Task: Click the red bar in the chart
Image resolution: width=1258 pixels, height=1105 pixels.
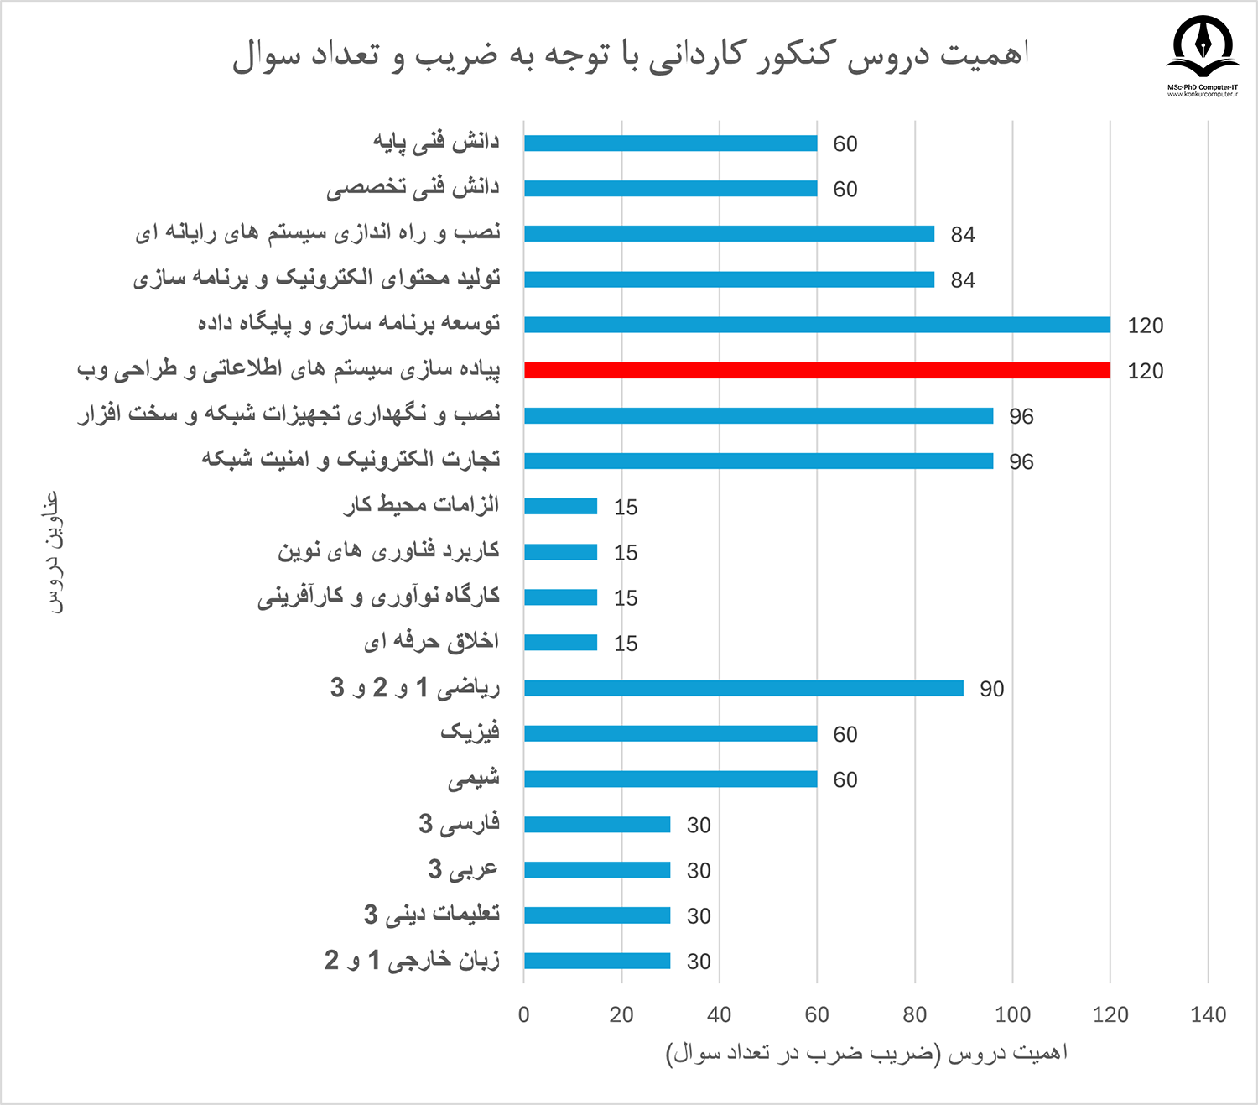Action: [x=817, y=370]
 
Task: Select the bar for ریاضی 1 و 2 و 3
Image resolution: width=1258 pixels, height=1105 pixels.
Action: [x=744, y=688]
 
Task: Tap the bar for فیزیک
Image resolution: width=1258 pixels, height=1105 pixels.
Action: [x=671, y=733]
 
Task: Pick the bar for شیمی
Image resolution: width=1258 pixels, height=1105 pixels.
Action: [x=671, y=779]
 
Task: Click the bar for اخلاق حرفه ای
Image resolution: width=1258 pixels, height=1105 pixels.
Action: [x=561, y=643]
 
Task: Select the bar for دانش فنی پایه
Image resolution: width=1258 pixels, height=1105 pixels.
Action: [x=671, y=143]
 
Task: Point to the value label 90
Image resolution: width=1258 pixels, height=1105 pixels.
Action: [x=991, y=689]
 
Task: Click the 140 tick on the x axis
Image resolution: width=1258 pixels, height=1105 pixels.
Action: [x=1208, y=1014]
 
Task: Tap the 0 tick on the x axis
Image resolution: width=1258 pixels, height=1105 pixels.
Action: [x=524, y=1014]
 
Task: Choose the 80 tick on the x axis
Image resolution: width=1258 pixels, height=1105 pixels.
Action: [x=915, y=1014]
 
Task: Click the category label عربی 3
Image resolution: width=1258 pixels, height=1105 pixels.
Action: [x=463, y=869]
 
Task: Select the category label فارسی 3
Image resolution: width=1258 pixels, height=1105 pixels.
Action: [x=459, y=824]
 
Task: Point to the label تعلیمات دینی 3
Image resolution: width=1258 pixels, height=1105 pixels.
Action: [x=432, y=915]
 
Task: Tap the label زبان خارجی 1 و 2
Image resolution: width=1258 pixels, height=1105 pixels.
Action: [x=412, y=960]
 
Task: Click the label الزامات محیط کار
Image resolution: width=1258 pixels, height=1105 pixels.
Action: [x=422, y=505]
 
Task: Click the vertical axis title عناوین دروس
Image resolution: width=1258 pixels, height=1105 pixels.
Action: [x=53, y=553]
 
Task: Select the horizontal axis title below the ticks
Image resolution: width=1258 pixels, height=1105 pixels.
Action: [x=866, y=1053]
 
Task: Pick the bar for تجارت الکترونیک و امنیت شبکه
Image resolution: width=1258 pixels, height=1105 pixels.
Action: [x=759, y=461]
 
